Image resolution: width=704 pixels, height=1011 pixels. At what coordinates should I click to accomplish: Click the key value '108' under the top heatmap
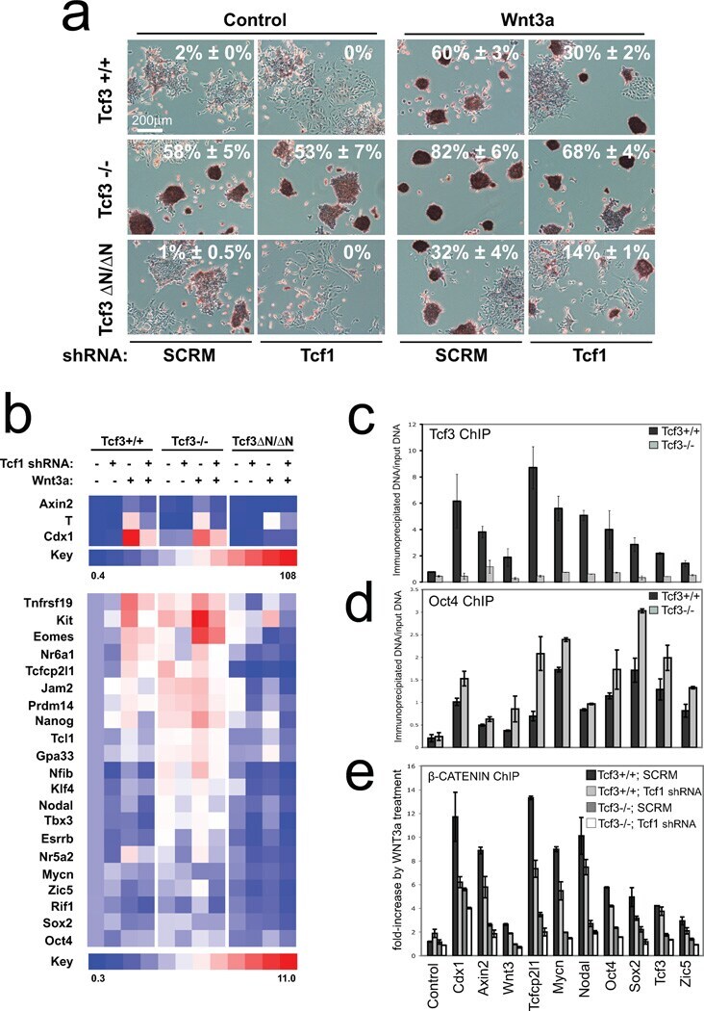[x=286, y=573]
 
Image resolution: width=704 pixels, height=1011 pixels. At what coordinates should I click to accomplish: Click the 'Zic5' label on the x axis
[x=682, y=976]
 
